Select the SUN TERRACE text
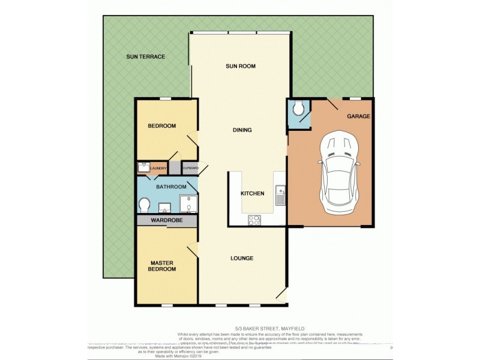tap(145, 56)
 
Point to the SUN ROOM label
tap(241, 66)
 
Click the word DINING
tap(242, 130)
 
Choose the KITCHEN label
tap(253, 194)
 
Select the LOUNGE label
tap(242, 259)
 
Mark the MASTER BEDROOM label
tap(163, 266)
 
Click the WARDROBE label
tap(166, 221)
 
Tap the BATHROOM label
tap(171, 187)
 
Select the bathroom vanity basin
tap(166, 208)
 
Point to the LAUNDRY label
tap(158, 169)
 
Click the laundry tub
tap(143, 167)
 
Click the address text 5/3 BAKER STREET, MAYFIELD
tap(240, 328)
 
